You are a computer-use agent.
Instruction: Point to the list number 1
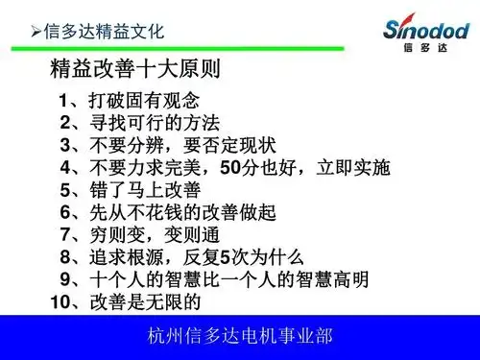[x=63, y=100]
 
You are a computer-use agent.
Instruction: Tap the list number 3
[x=64, y=146]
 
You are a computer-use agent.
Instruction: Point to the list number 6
[x=64, y=212]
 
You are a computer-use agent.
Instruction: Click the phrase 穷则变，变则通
[x=154, y=235]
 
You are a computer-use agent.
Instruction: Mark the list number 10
[x=60, y=302]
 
